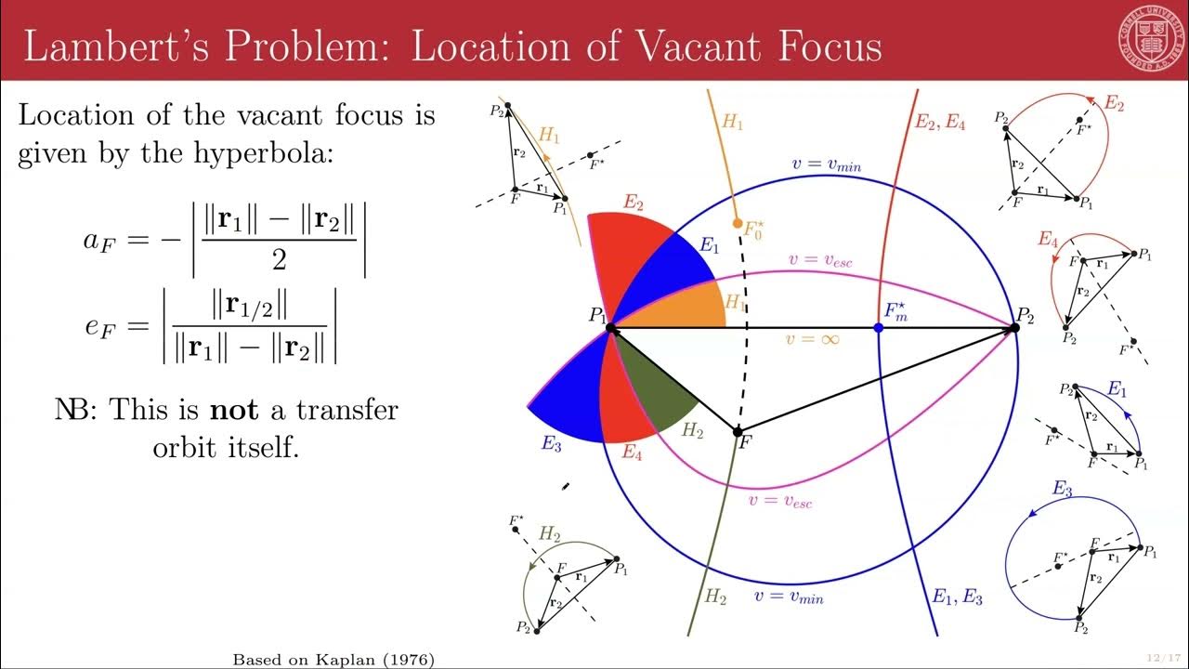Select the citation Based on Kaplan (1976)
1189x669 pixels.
pos(333,659)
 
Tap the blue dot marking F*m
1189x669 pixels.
pos(879,328)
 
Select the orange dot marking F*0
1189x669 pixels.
pos(738,224)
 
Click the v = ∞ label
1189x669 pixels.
pos(813,340)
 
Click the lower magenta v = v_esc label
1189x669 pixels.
pos(780,502)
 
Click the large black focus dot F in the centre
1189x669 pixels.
pos(738,432)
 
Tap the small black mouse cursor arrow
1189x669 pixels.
pos(565,485)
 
